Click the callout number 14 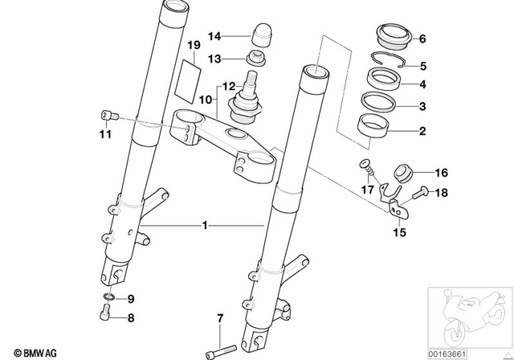pos(214,36)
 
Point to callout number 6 pos(424,38)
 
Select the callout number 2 pos(424,129)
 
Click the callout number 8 pos(131,317)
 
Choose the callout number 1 pos(206,227)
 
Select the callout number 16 pos(440,173)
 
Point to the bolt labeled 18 pos(419,193)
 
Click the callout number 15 pos(398,233)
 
